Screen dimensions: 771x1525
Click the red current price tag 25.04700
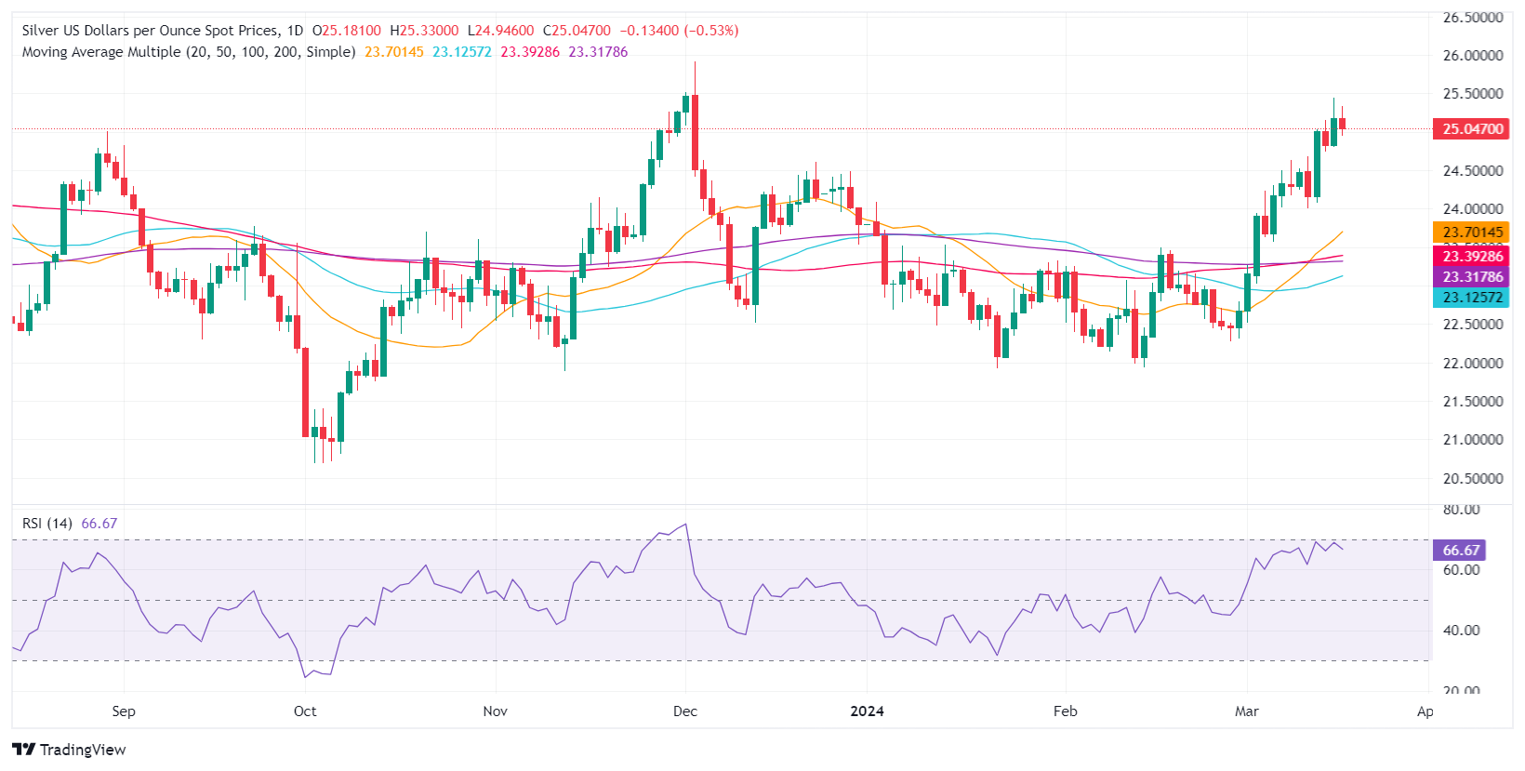(1472, 129)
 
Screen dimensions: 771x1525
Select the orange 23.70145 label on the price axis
(1472, 233)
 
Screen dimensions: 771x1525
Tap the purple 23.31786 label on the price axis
(1472, 277)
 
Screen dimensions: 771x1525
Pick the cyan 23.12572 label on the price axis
(1472, 298)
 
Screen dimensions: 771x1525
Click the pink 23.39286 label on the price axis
(1472, 257)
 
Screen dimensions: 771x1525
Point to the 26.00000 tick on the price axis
(1472, 56)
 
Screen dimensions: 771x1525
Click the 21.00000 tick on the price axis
(1472, 440)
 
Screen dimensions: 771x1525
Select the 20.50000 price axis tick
(1472, 479)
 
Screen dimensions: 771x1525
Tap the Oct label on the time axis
(305, 711)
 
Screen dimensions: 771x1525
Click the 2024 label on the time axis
(867, 711)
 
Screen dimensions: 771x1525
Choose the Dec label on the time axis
(685, 711)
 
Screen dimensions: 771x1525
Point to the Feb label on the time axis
(1066, 711)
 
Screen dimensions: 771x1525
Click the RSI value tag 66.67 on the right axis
(1461, 551)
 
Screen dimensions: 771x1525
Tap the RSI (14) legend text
(47, 524)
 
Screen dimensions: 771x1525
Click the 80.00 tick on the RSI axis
(1461, 510)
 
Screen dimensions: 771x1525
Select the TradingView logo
(70, 750)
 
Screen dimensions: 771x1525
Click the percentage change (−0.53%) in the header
(711, 31)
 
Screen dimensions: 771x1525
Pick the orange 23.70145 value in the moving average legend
(394, 52)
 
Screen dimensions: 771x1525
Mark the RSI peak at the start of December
(686, 525)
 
